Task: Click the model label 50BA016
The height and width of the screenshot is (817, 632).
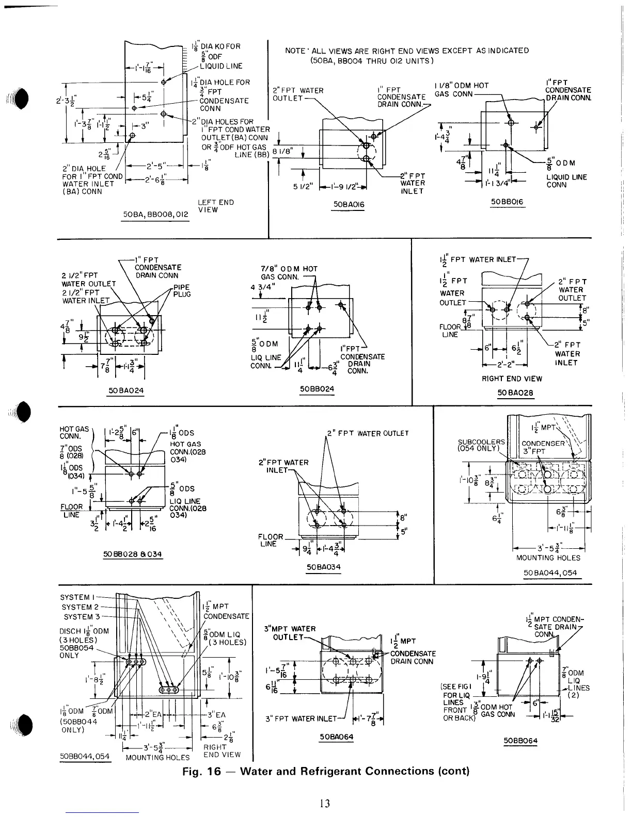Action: (349, 205)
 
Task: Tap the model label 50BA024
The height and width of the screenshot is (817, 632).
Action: (124, 390)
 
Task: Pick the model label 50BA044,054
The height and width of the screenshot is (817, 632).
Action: (550, 573)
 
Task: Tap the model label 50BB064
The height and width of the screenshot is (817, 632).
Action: (520, 741)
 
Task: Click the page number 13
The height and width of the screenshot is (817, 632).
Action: (325, 803)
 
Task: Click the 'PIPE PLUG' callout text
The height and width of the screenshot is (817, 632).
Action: (182, 290)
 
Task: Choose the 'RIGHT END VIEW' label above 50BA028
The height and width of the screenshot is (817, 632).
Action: (512, 379)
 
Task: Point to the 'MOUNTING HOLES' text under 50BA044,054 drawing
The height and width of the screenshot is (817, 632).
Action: (548, 558)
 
